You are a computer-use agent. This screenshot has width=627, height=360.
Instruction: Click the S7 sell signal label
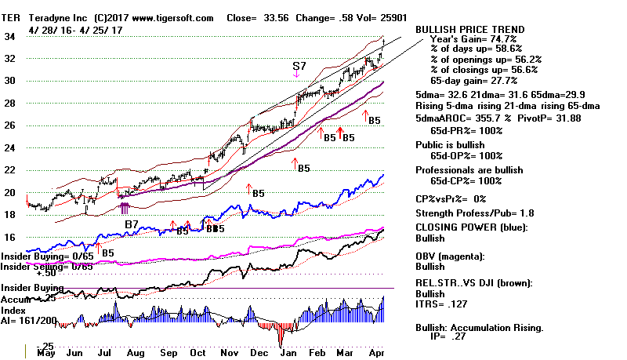click(x=299, y=66)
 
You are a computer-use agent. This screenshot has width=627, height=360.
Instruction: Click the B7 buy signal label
click(x=132, y=225)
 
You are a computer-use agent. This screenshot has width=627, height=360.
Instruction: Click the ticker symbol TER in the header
click(x=14, y=17)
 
